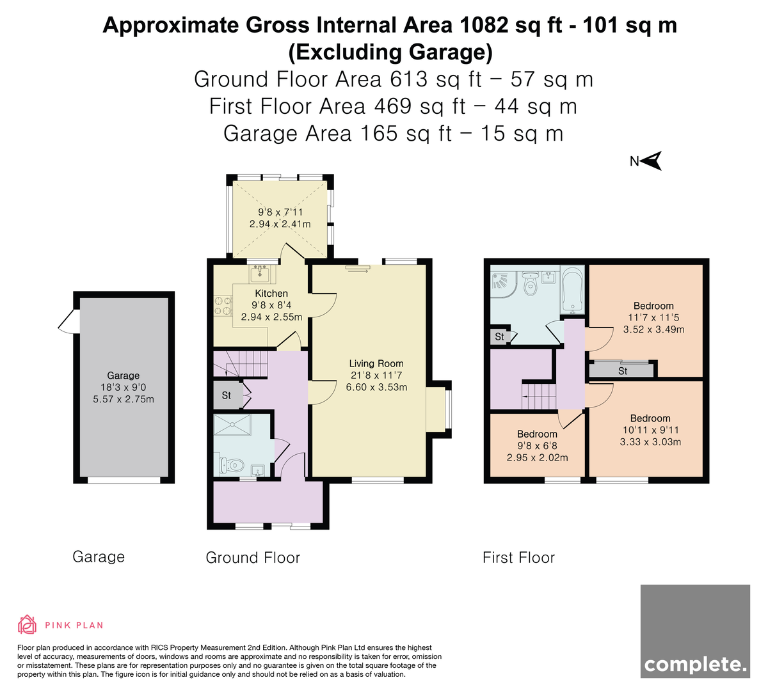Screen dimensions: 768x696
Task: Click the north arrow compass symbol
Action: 651,161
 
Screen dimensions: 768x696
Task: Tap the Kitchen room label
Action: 271,294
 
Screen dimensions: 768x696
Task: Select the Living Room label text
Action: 376,363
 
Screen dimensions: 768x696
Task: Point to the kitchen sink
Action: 260,274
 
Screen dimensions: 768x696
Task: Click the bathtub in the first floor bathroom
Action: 572,289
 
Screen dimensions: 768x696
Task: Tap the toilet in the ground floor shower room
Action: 232,466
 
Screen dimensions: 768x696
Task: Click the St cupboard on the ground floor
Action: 227,395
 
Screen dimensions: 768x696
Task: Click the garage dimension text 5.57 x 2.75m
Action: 124,399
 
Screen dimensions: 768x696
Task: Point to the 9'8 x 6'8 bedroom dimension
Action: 537,446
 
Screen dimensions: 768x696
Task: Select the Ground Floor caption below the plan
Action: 253,558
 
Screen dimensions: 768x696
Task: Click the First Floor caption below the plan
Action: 519,558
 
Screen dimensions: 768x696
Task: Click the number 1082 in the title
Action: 484,25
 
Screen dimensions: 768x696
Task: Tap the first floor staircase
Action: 539,397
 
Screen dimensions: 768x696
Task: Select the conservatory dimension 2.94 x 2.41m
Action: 280,224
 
